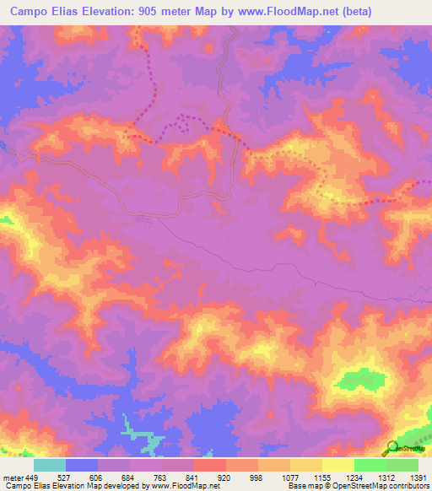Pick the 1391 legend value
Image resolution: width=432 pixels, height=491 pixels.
pos(418,477)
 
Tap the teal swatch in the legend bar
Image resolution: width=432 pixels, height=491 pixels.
pos(50,465)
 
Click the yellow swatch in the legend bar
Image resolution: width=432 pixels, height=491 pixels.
pos(337,465)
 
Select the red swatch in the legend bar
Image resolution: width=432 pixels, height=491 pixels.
pos(209,465)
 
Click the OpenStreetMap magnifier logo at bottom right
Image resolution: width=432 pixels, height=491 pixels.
pos(393,446)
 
